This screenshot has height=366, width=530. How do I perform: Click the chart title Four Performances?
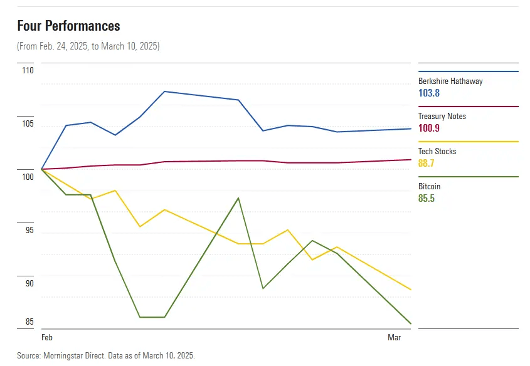tap(68, 26)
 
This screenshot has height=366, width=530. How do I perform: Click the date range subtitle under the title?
tap(88, 46)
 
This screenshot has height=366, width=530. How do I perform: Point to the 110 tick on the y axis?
tap(28, 71)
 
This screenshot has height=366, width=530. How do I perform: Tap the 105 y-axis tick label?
tap(28, 124)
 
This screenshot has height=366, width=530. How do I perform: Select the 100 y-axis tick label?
tap(28, 177)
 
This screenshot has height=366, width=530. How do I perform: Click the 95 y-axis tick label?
tap(29, 231)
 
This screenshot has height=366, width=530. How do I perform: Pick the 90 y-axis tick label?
tap(29, 284)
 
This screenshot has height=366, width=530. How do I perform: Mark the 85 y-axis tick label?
tap(29, 323)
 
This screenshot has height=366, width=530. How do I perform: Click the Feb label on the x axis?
tap(47, 338)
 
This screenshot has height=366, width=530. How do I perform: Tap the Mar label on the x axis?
tap(394, 338)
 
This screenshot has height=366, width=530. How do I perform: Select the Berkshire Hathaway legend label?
tap(450, 81)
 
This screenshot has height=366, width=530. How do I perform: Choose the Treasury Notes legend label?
tap(442, 116)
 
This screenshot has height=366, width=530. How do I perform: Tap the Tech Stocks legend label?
tap(437, 151)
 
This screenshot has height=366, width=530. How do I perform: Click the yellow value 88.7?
tap(427, 163)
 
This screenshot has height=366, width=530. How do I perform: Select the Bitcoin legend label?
tap(429, 186)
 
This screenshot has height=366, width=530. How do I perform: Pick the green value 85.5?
tap(427, 198)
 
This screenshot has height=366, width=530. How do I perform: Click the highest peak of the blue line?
tap(164, 91)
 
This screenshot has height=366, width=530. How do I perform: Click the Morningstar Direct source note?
tap(106, 355)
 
